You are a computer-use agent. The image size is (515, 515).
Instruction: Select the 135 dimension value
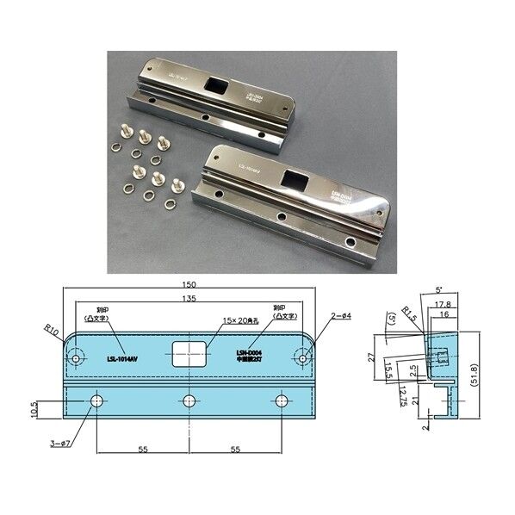pyautogui.click(x=189, y=299)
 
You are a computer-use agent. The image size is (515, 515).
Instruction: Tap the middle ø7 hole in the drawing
pyautogui.click(x=189, y=400)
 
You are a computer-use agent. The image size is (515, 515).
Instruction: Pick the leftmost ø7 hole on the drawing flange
pyautogui.click(x=95, y=400)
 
